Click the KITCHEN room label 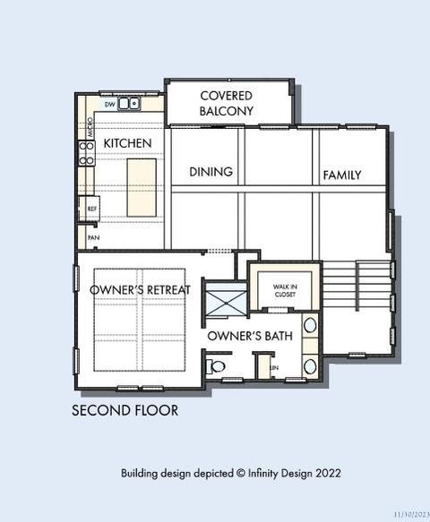pos(127,143)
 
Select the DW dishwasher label pos(109,105)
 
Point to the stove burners pos(87,153)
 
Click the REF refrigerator pos(90,209)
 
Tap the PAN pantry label pos(93,237)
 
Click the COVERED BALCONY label pos(226,103)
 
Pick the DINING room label pos(211,171)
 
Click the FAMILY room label pos(341,175)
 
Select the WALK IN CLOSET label pos(284,289)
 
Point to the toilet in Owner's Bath pos(215,366)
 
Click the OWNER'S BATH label pos(245,336)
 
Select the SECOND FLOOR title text pos(125,411)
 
